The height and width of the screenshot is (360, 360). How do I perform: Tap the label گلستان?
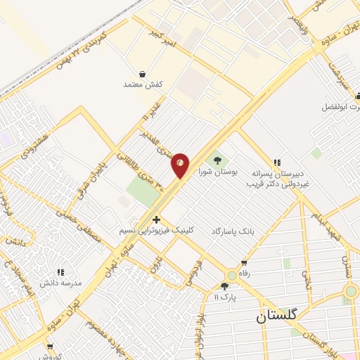tap(277, 317)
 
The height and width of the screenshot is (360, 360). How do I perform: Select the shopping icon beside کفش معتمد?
tap(143, 73)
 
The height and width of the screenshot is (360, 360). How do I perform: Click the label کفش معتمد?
tap(143, 84)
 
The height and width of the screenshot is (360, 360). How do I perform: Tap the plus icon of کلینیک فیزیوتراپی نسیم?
tap(156, 220)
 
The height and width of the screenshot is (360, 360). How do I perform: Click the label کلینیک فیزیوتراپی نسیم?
tap(157, 231)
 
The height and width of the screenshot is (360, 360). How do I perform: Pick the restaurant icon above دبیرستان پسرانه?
tap(277, 162)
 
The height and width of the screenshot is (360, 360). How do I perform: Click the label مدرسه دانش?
tap(61, 283)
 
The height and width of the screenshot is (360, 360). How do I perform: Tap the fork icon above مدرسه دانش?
tap(60, 271)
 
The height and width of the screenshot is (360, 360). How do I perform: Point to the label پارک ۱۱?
tap(225, 297)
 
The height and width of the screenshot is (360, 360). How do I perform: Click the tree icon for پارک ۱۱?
tap(225, 286)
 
